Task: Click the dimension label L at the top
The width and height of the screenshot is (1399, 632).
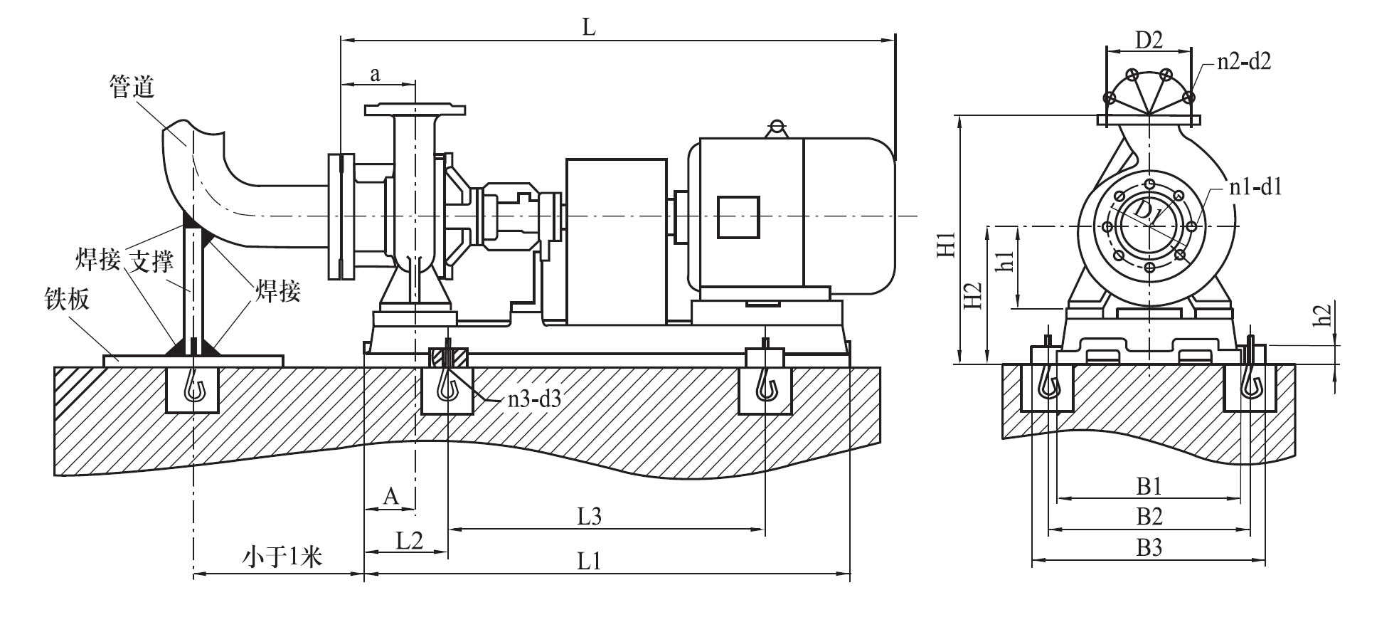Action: [588, 27]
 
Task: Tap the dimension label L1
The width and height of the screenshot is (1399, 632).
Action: [589, 561]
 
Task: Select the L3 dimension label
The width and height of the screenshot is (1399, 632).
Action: [589, 516]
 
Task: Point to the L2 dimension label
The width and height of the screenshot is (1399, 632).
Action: [409, 540]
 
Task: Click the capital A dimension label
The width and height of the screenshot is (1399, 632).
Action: [390, 496]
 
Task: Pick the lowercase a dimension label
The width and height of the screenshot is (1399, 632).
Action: [376, 74]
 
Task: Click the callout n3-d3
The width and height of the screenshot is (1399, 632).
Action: [534, 399]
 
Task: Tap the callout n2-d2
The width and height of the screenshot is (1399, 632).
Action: [1244, 62]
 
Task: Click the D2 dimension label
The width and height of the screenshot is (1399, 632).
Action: [1149, 40]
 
